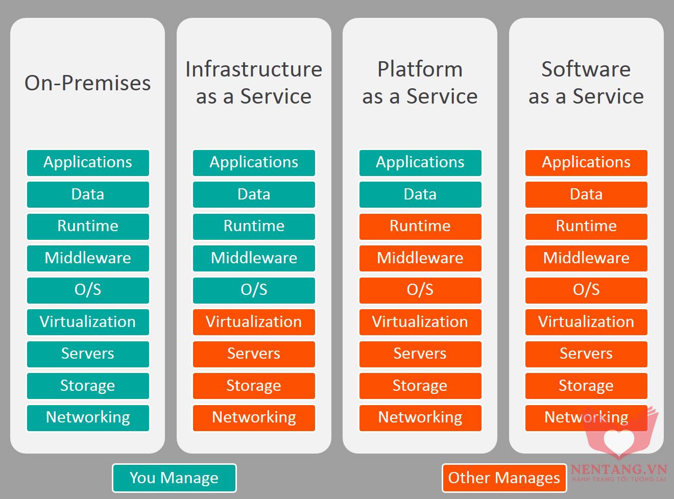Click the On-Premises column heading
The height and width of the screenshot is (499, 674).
click(x=87, y=83)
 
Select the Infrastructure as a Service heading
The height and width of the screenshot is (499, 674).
click(x=254, y=83)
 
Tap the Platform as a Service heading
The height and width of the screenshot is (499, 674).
click(x=420, y=83)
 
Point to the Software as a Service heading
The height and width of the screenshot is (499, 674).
click(x=586, y=83)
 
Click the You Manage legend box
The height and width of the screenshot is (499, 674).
click(x=174, y=478)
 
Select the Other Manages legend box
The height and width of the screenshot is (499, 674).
click(x=504, y=478)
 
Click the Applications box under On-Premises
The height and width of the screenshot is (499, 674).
click(x=88, y=162)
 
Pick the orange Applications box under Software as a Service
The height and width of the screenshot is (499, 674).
click(x=586, y=162)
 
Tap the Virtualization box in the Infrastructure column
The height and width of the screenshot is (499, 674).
click(x=254, y=322)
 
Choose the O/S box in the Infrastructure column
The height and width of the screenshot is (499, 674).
click(x=254, y=290)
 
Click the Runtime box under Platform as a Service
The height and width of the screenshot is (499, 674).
click(x=420, y=226)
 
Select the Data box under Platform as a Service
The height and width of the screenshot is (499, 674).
click(x=420, y=194)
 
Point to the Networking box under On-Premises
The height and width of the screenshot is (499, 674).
click(x=88, y=417)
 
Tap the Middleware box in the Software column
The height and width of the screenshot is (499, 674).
click(x=586, y=258)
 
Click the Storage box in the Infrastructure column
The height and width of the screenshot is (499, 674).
click(x=254, y=386)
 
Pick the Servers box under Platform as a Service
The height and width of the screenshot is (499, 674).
click(x=420, y=354)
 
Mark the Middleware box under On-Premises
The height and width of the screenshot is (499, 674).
click(x=88, y=258)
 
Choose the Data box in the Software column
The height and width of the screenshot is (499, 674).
click(x=586, y=194)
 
